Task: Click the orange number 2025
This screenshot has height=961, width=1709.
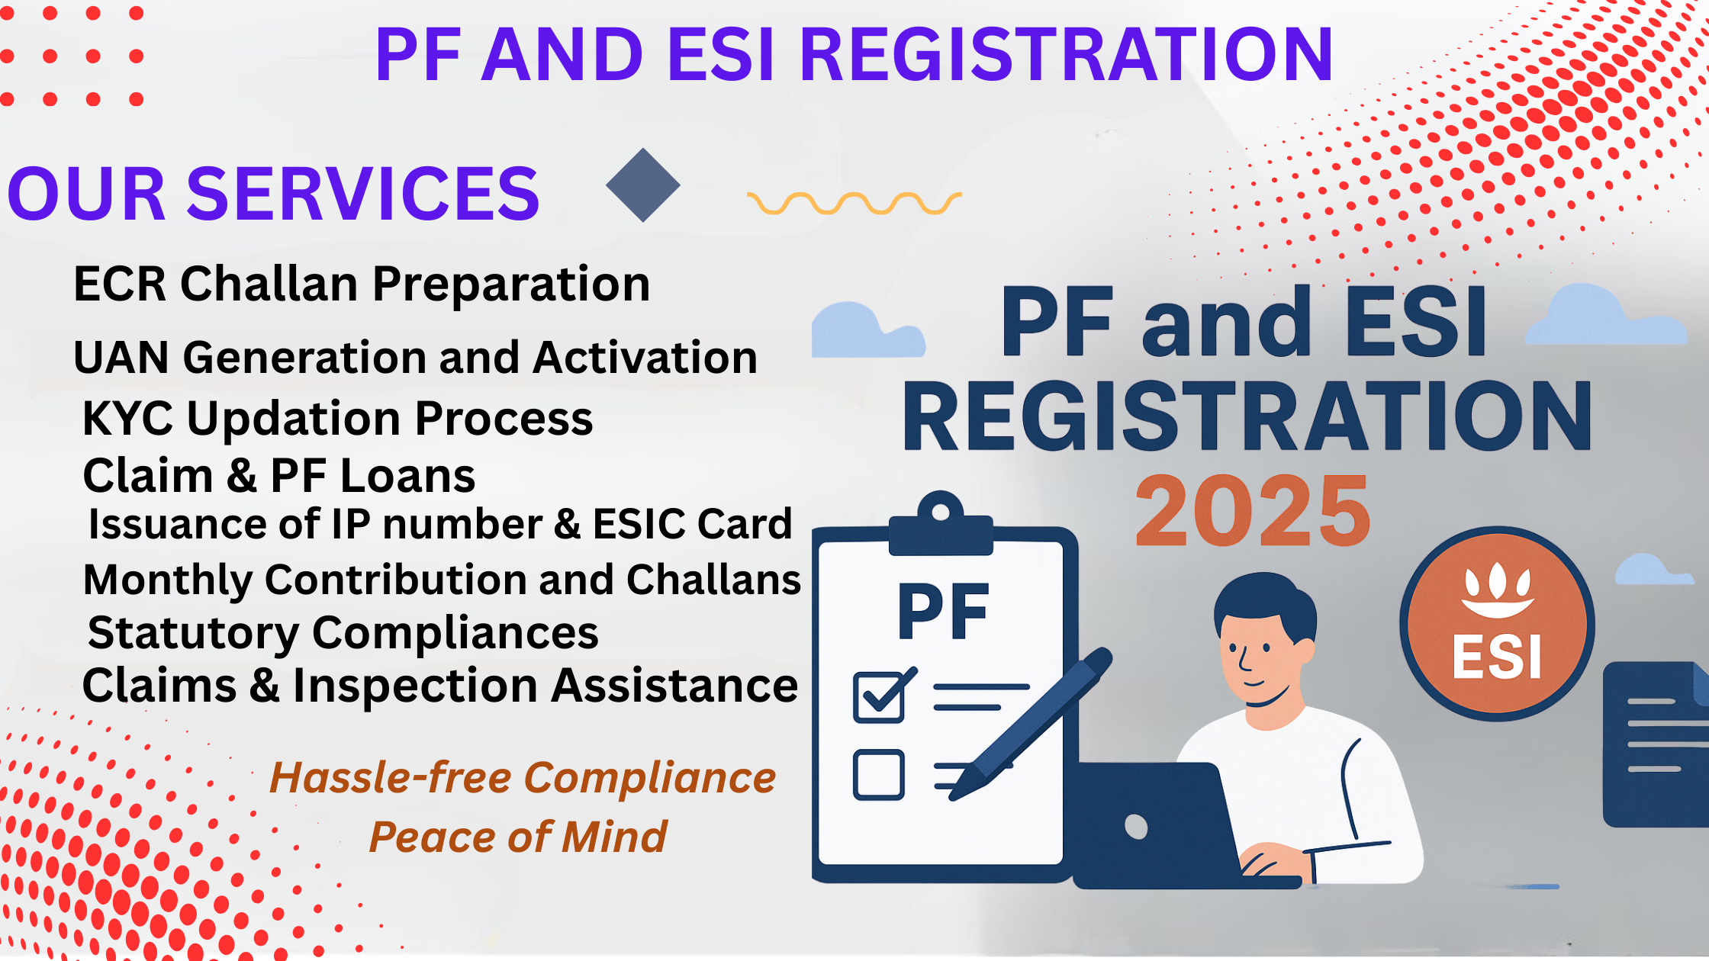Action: [1253, 511]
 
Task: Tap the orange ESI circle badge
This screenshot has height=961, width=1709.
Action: [1497, 624]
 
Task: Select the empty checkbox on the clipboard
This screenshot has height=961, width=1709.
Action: [879, 775]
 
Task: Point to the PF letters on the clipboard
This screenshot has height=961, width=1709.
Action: [944, 612]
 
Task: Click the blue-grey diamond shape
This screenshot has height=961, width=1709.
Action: [643, 185]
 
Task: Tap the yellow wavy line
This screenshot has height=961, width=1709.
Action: [854, 203]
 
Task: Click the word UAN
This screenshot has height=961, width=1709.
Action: [121, 358]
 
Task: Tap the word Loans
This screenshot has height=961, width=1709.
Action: [408, 476]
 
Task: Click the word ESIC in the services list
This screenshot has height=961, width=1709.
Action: [639, 524]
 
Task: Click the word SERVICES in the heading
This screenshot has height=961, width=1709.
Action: [363, 194]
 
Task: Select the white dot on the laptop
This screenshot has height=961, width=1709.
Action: [1136, 827]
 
